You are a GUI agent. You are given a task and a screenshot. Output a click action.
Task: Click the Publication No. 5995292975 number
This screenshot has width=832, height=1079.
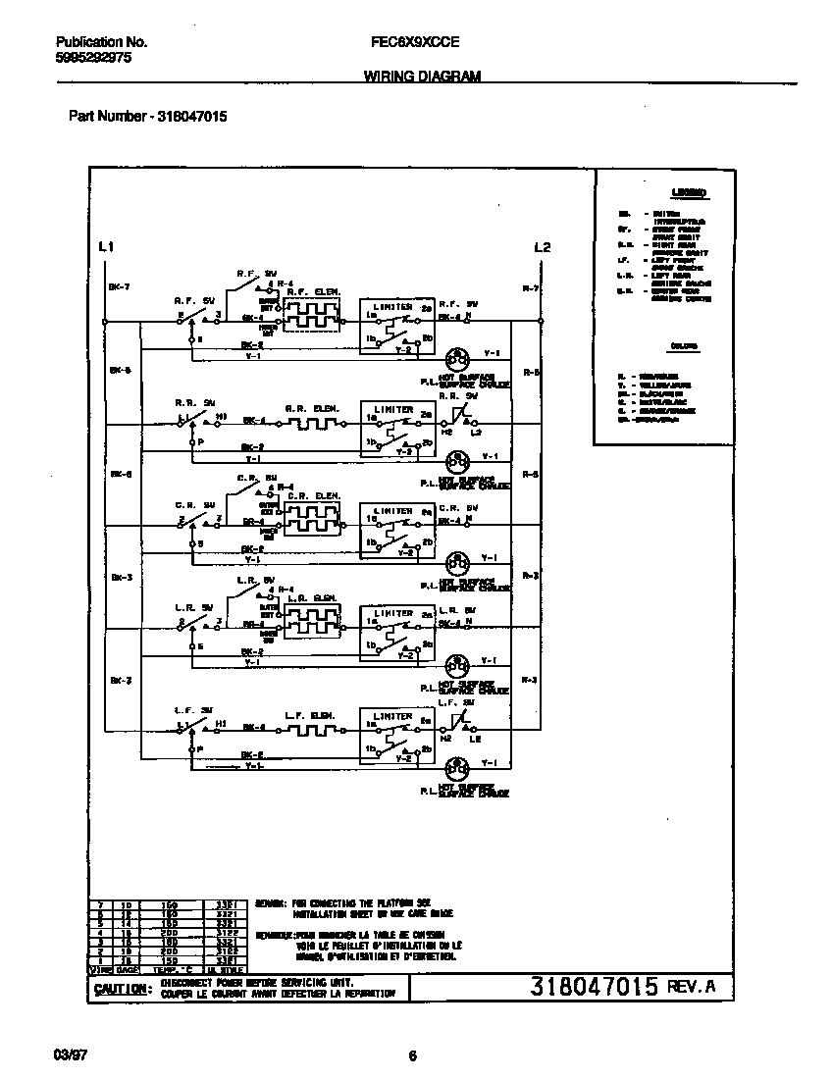[93, 58]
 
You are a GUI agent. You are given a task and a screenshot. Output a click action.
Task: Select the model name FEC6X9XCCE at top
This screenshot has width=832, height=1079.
[410, 42]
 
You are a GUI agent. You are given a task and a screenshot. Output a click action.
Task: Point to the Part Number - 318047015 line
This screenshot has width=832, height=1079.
[148, 116]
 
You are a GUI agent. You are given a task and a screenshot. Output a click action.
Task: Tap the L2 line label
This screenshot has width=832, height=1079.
[542, 247]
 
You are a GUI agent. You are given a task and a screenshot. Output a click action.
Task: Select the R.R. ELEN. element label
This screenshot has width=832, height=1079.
[311, 407]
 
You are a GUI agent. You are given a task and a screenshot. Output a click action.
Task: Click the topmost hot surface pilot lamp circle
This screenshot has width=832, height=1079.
[456, 356]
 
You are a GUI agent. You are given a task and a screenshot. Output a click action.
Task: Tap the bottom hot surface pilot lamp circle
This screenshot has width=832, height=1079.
[456, 764]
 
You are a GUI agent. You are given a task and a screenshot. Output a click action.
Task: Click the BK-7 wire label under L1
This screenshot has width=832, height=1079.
[120, 287]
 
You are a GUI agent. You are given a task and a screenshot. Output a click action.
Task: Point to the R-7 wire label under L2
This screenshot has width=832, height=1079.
[530, 287]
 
